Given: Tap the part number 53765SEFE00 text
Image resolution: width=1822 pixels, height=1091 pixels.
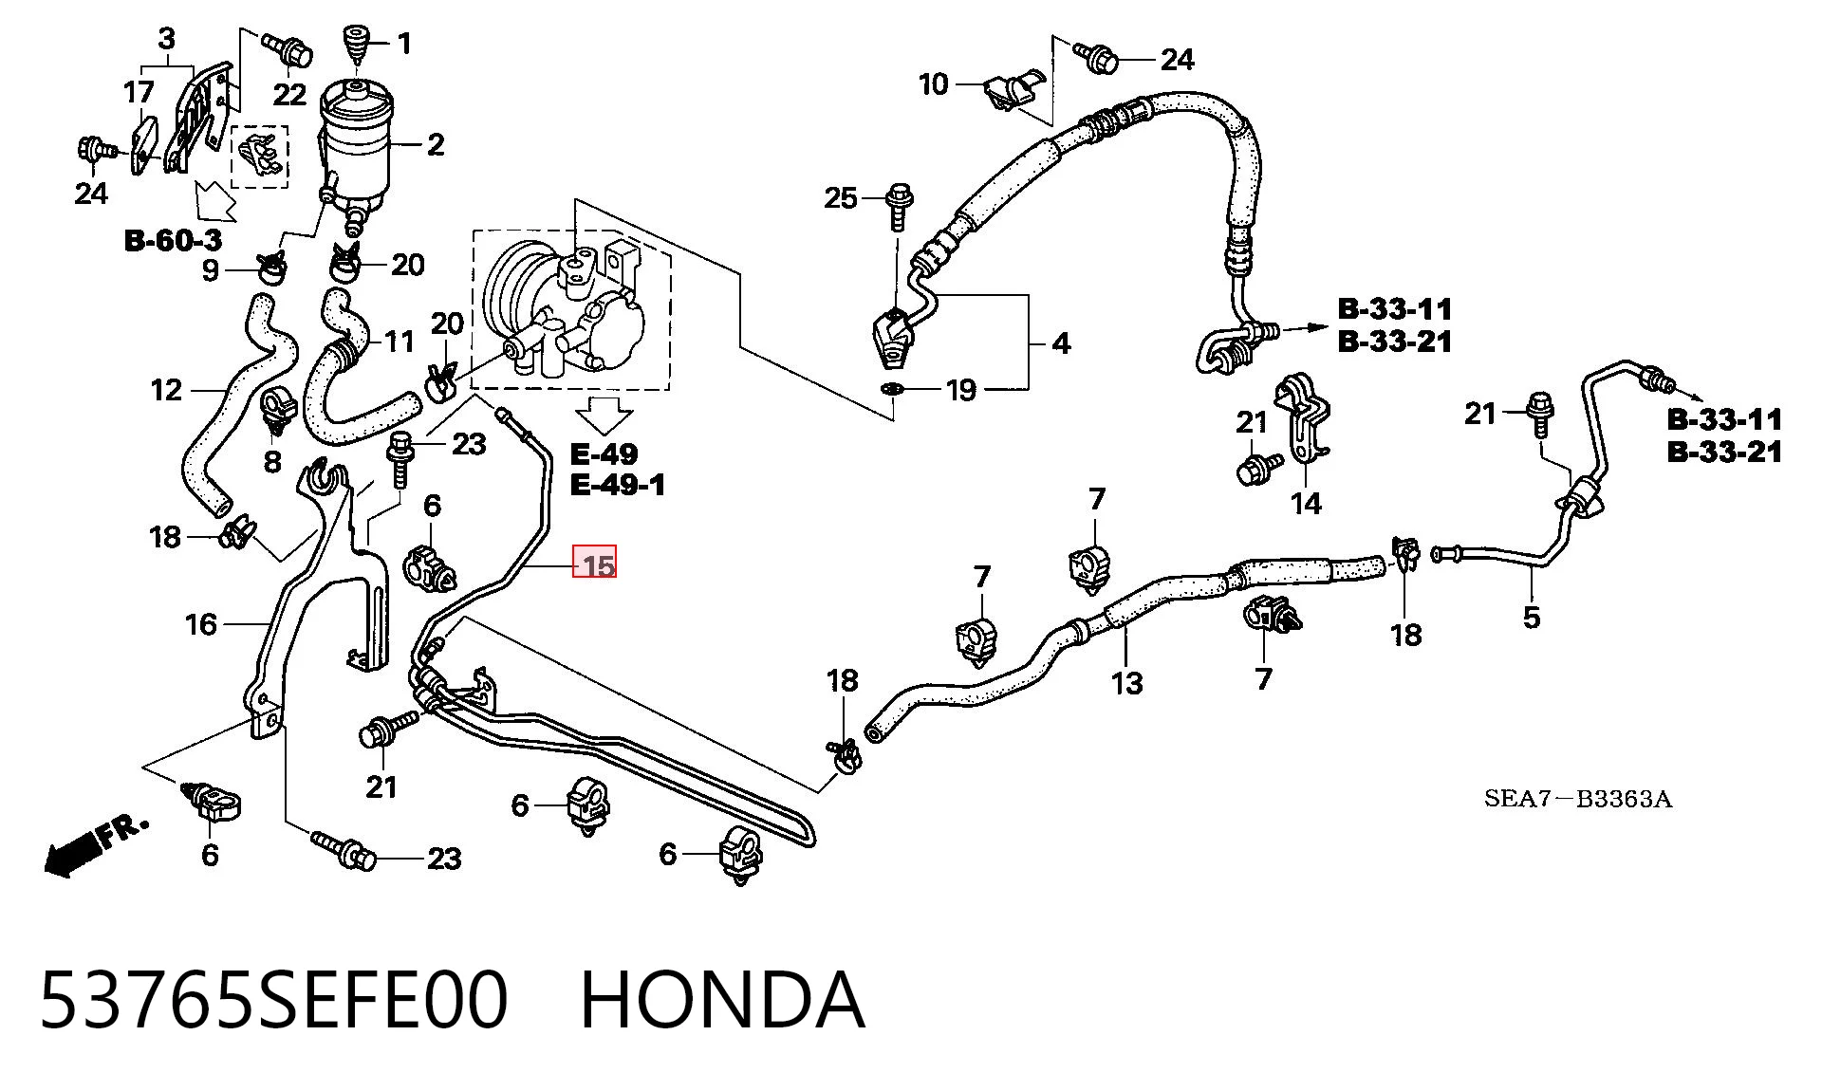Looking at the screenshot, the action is click(x=274, y=1000).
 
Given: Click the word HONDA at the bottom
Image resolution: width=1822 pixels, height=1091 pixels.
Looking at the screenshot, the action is click(x=722, y=1000).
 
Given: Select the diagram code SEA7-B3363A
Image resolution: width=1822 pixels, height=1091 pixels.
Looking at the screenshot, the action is click(x=1578, y=799).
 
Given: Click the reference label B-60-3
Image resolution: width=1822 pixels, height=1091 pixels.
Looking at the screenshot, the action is click(x=173, y=240).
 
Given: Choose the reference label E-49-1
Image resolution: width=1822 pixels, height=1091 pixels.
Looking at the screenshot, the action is click(x=618, y=485).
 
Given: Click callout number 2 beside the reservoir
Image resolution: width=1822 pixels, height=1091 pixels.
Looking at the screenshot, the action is click(x=436, y=145).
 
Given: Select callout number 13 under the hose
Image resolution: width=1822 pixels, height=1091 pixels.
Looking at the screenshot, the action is click(x=1127, y=682).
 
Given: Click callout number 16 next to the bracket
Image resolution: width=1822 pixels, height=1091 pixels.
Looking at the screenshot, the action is click(x=201, y=624).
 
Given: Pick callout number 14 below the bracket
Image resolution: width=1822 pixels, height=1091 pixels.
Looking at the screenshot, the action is click(x=1307, y=504).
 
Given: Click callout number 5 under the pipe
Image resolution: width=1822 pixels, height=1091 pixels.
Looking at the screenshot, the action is click(x=1532, y=618).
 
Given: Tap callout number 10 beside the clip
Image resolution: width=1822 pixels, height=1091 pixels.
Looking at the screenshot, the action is click(x=934, y=84).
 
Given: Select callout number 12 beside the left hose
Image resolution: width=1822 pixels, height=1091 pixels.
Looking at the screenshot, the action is click(x=166, y=390).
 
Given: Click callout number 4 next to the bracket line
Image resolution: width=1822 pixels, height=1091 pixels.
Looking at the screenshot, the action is click(x=1062, y=342).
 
